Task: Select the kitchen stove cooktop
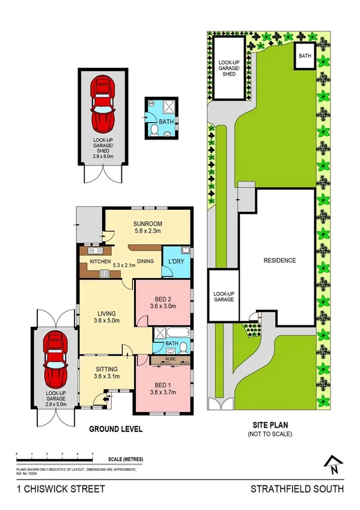(103, 273)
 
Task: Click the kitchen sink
(94, 251)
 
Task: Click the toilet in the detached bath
(153, 129)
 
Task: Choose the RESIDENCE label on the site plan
(279, 260)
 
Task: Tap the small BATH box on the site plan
(305, 56)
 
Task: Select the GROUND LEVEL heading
(115, 429)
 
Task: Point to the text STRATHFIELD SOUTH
(297, 489)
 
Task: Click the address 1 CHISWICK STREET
(53, 489)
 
